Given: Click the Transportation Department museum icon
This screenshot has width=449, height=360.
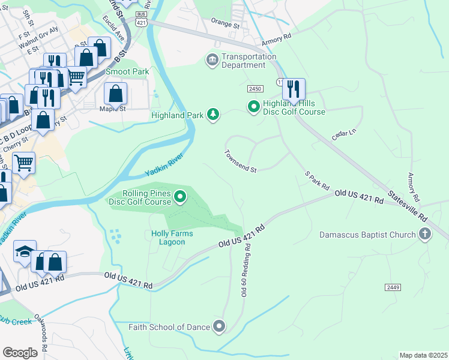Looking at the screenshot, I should [212, 60].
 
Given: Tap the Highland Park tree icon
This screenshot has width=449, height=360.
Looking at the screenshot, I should [212, 114].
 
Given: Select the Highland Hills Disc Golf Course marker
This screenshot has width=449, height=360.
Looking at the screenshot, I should [254, 107].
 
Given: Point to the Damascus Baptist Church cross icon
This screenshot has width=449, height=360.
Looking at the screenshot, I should [425, 234].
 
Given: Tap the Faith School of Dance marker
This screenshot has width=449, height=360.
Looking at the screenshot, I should [219, 327].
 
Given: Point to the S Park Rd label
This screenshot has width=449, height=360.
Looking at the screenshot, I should [318, 179].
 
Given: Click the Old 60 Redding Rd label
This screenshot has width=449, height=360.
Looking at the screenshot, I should [246, 272].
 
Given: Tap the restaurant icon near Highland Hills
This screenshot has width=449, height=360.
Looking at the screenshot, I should [293, 89].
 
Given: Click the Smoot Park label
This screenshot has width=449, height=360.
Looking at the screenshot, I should [127, 71].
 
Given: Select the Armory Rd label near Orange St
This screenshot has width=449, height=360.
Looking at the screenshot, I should [277, 40].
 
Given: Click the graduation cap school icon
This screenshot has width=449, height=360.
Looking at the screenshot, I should [25, 252].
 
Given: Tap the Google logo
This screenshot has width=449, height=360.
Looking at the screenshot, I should [20, 353].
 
